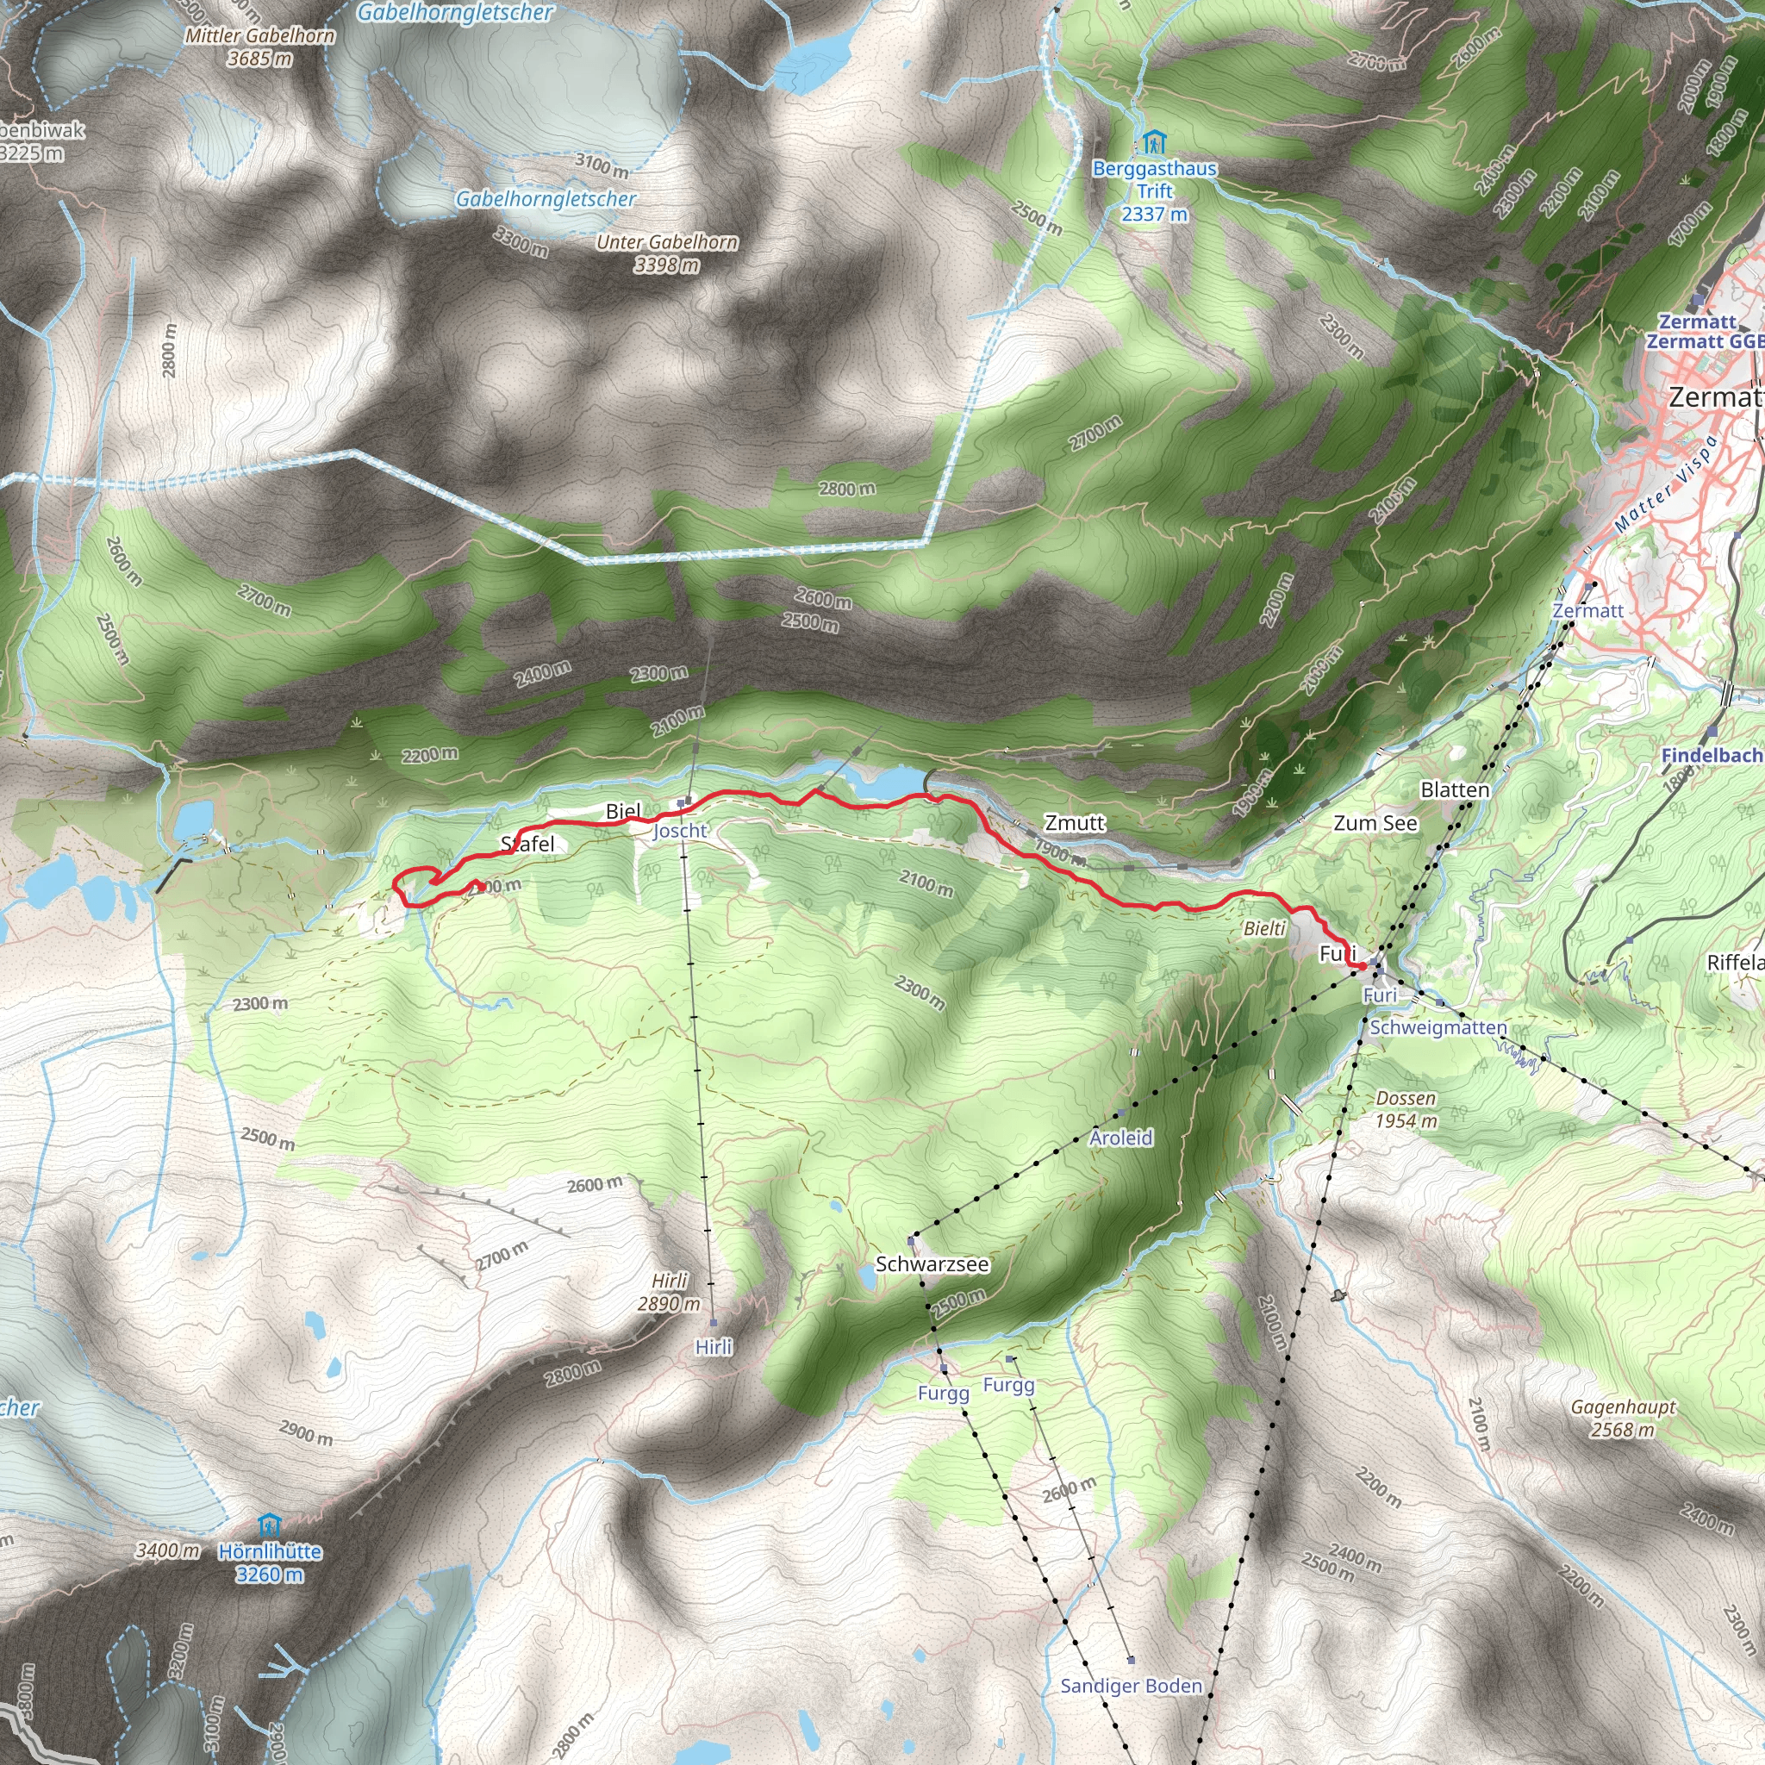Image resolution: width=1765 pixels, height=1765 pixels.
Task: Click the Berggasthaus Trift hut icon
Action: pyautogui.click(x=1154, y=142)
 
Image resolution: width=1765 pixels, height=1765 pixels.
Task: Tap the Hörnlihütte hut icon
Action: pyautogui.click(x=269, y=1525)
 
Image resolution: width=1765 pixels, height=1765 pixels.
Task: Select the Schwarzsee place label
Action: pyautogui.click(x=932, y=1264)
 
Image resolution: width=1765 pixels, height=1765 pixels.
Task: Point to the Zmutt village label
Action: pyautogui.click(x=1075, y=823)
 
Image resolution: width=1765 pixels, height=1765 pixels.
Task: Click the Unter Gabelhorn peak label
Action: pyautogui.click(x=667, y=253)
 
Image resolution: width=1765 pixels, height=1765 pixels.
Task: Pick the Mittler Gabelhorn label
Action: pyautogui.click(x=259, y=47)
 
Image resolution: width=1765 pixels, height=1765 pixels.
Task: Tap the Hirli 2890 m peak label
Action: pyautogui.click(x=670, y=1292)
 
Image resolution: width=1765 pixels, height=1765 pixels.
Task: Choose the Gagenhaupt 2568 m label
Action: pyautogui.click(x=1624, y=1418)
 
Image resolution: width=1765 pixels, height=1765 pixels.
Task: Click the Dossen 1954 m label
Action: pyautogui.click(x=1406, y=1109)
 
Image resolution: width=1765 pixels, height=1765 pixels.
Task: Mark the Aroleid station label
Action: pyautogui.click(x=1121, y=1138)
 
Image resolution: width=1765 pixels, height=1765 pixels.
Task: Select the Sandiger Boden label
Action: pyautogui.click(x=1131, y=1686)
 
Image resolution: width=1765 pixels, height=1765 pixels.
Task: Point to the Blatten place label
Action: pyautogui.click(x=1455, y=789)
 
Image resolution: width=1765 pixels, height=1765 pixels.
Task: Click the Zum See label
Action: pyautogui.click(x=1375, y=823)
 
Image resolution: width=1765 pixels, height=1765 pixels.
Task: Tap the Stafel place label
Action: pyautogui.click(x=527, y=843)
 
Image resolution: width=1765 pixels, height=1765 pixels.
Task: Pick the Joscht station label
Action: pyautogui.click(x=680, y=831)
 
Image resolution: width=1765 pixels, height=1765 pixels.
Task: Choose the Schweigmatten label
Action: pyautogui.click(x=1438, y=1028)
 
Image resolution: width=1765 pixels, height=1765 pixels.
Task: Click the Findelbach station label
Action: pyautogui.click(x=1710, y=756)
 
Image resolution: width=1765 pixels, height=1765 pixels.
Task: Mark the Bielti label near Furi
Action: pyautogui.click(x=1264, y=929)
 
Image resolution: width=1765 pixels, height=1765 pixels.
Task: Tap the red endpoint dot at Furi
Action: pyautogui.click(x=1361, y=965)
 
